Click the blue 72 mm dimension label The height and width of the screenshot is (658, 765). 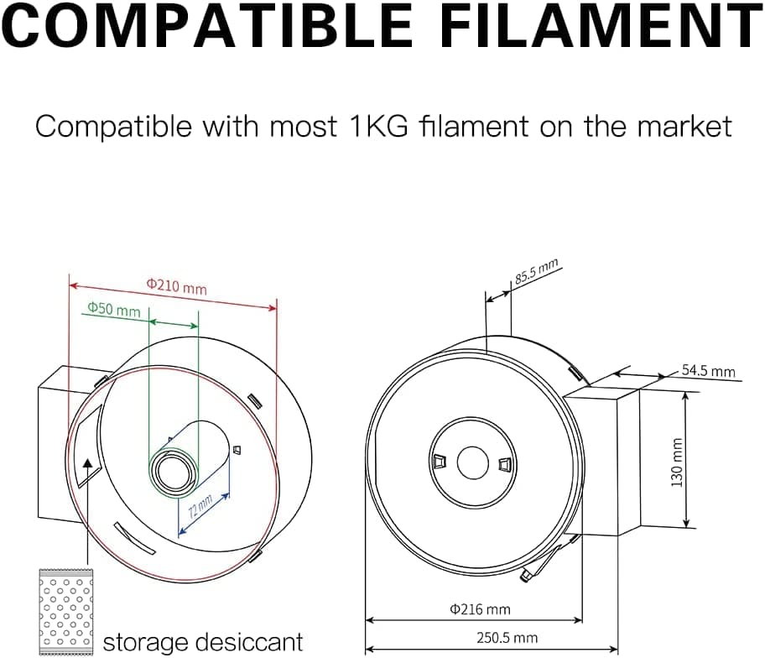(x=200, y=509)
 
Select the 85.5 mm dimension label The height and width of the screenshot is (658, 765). (x=536, y=274)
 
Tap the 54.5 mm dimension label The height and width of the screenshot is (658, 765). (x=707, y=371)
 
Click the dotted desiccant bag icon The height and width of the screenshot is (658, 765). (x=66, y=612)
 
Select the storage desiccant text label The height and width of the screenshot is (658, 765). (x=202, y=643)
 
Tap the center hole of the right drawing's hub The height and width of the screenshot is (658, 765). (x=472, y=461)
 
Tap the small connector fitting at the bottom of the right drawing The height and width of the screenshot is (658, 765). (x=525, y=577)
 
